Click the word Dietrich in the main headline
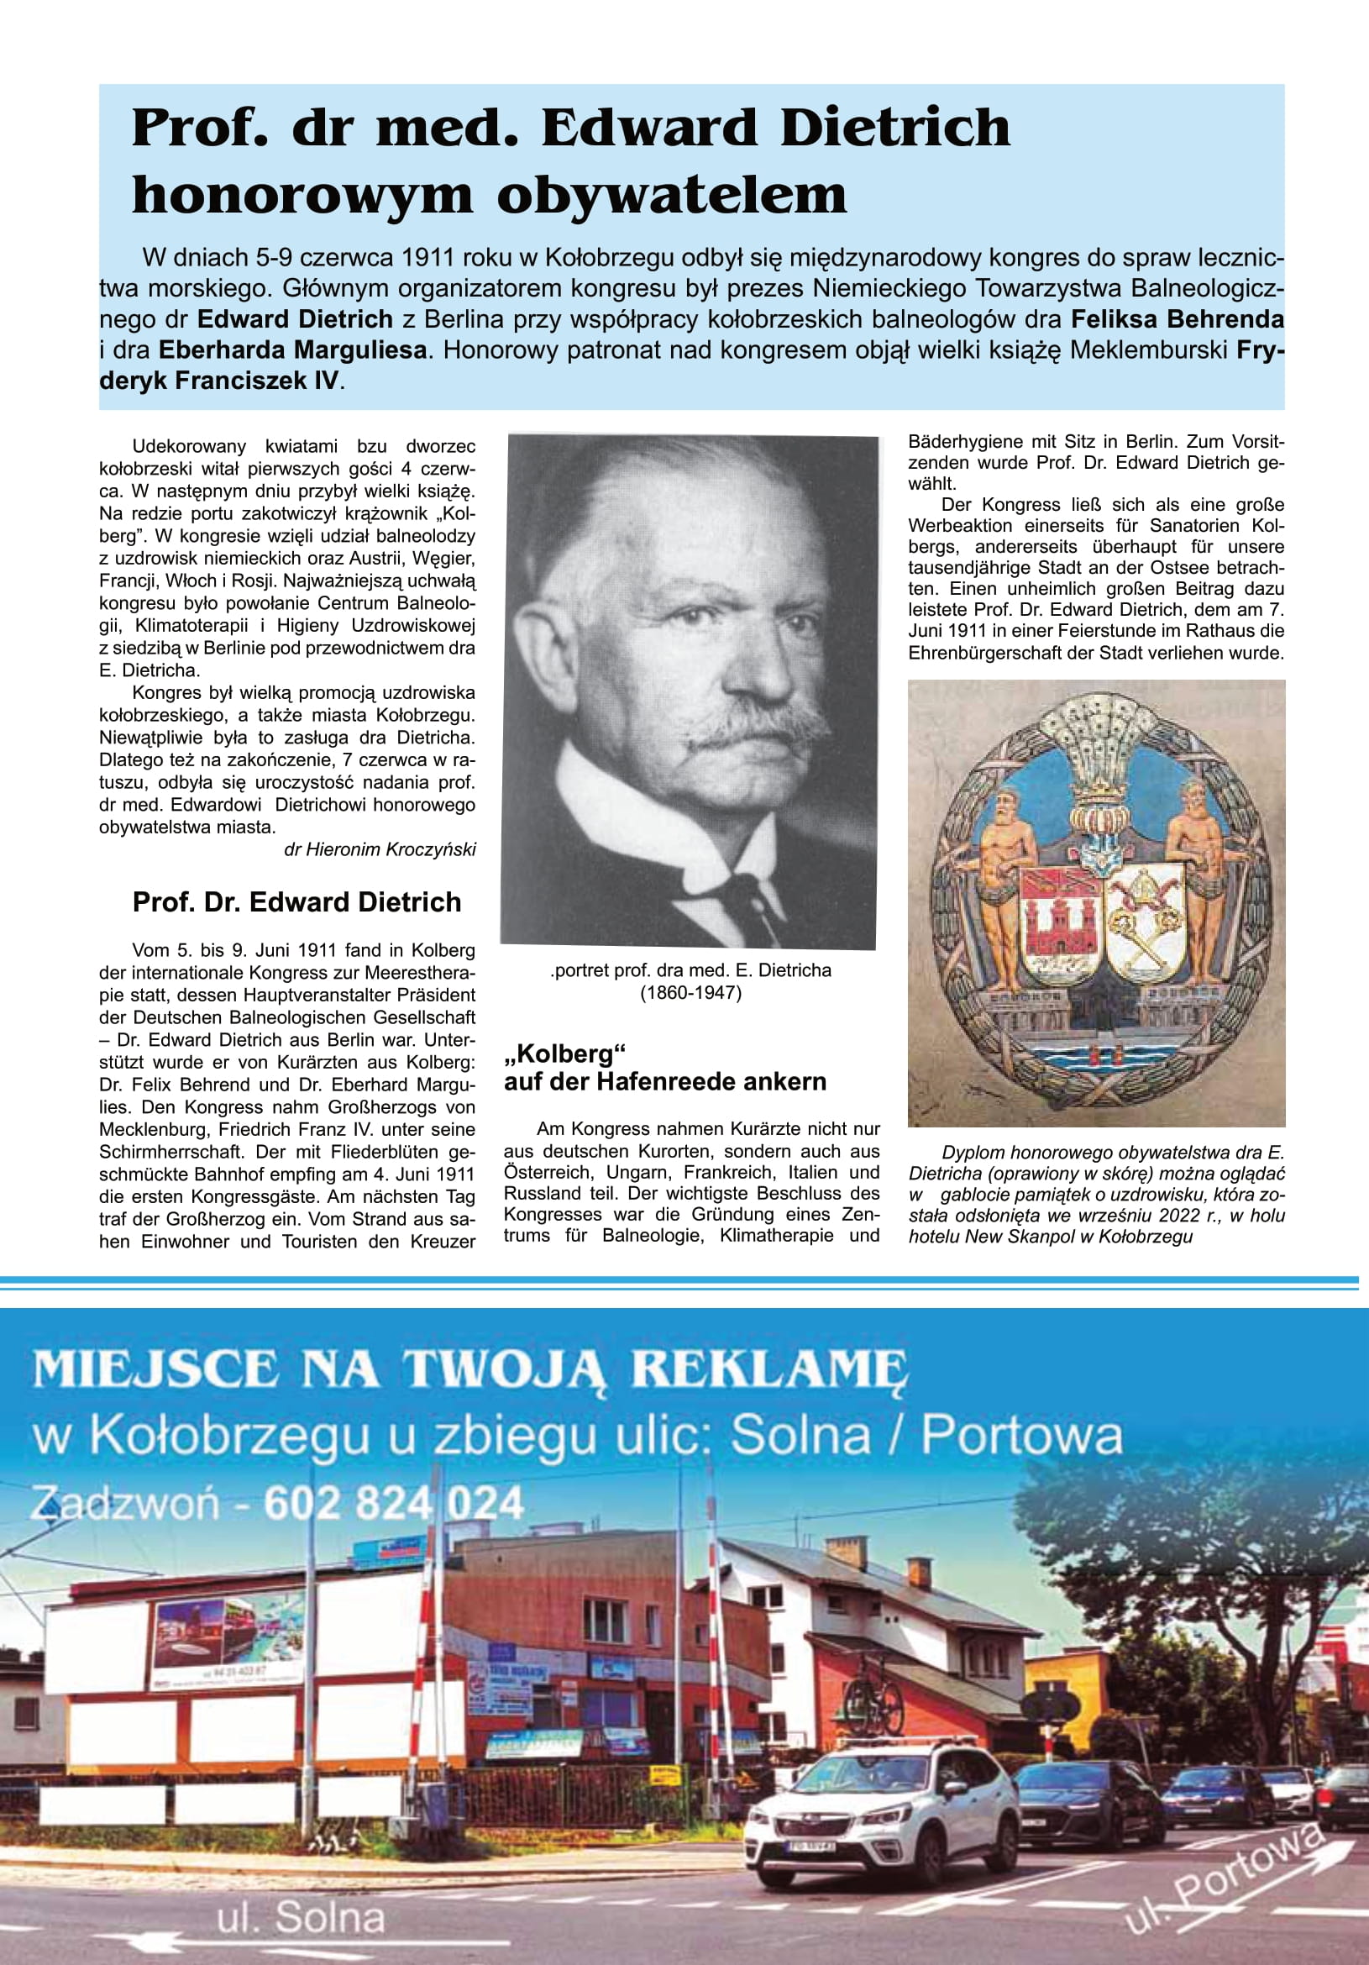pyautogui.click(x=895, y=129)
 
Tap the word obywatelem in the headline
pyautogui.click(x=672, y=195)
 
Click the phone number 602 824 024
pyautogui.click(x=394, y=1504)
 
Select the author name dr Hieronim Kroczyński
pyautogui.click(x=380, y=850)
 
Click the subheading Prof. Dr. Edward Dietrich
pyautogui.click(x=297, y=902)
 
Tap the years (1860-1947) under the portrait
pyautogui.click(x=690, y=993)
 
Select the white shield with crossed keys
pyautogui.click(x=1145, y=924)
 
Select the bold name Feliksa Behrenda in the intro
pyautogui.click(x=1178, y=319)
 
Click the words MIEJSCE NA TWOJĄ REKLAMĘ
pyautogui.click(x=469, y=1369)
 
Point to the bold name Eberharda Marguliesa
pyautogui.click(x=292, y=350)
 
